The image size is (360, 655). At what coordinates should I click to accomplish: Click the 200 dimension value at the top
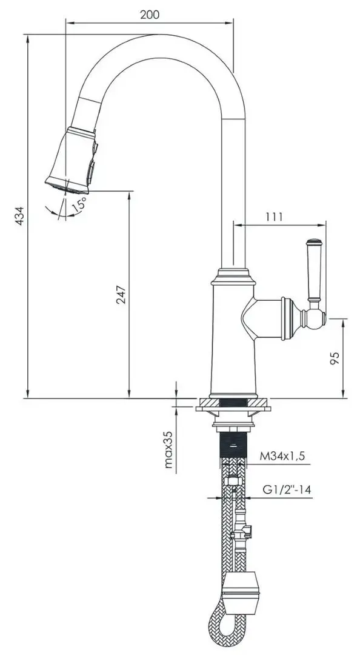(150, 15)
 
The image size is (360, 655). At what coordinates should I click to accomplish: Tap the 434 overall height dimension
(19, 216)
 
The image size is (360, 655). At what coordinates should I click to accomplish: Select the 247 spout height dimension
(121, 294)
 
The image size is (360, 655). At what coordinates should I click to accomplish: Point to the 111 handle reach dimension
(273, 217)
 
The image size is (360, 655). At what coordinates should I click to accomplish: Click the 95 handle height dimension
(334, 358)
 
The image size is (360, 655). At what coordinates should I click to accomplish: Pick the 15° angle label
(79, 204)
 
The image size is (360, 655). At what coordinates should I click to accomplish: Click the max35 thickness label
(168, 450)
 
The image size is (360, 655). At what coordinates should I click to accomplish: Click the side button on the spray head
(92, 170)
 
